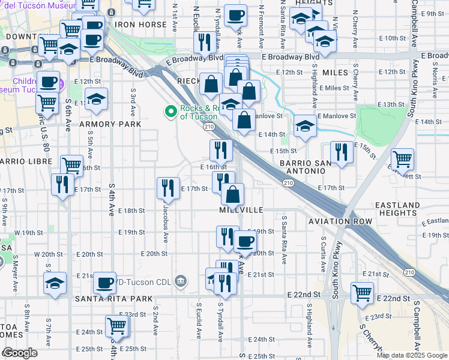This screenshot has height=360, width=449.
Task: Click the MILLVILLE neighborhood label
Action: (x=242, y=211)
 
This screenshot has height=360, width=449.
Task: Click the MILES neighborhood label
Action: (x=335, y=72)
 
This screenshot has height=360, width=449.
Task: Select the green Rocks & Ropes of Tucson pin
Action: (x=171, y=110)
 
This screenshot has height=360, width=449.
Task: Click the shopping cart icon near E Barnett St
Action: (x=402, y=159)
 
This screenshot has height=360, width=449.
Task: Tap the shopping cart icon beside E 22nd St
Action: (x=363, y=293)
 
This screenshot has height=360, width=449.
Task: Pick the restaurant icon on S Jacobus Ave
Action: (x=168, y=188)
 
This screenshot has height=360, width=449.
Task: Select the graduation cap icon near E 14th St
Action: (x=305, y=125)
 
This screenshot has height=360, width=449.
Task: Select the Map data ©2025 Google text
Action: (x=411, y=355)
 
